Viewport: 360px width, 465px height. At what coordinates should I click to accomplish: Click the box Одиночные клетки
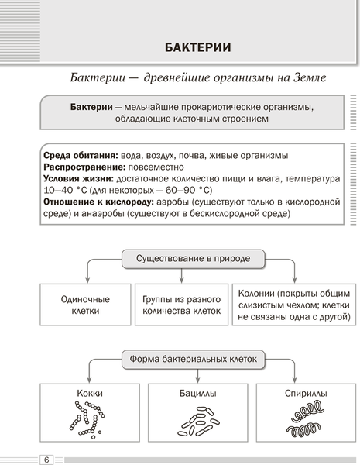point(85,305)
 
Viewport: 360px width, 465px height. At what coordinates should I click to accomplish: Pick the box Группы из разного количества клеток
point(182,305)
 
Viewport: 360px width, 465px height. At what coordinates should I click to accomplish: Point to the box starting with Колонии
point(293,305)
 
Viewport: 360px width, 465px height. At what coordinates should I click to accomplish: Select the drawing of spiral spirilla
point(304,421)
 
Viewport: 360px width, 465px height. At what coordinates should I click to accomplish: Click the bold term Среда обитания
point(77,155)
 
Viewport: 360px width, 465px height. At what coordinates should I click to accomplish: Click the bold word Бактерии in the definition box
point(91,106)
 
